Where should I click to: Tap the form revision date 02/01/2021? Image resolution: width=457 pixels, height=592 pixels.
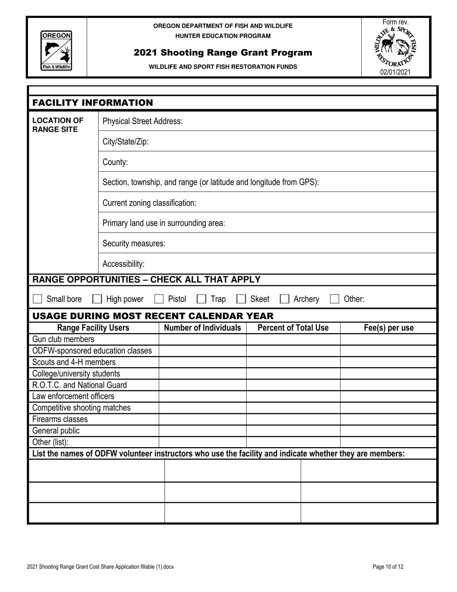pos(395,72)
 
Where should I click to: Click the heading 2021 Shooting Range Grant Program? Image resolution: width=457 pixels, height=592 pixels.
pos(223,52)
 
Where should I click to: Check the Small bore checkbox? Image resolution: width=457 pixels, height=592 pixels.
pos(38,299)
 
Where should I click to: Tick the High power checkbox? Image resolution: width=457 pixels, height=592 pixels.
pos(97,299)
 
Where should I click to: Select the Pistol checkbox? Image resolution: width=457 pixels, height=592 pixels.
pos(159,299)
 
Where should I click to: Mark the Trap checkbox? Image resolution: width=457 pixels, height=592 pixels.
pos(202,299)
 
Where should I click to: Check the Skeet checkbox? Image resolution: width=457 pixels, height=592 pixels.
pos(241,299)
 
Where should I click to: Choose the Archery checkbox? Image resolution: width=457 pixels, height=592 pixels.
pos(285,299)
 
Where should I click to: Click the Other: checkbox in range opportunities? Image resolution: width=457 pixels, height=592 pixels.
pos(335,299)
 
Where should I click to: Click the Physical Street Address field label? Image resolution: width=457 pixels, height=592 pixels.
pos(142,121)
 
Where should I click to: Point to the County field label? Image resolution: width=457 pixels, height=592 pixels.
pos(115,162)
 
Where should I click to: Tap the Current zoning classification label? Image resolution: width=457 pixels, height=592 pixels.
pos(150,203)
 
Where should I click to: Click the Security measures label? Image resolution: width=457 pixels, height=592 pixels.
pos(134,244)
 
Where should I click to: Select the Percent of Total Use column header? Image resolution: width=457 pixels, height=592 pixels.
pos(293,328)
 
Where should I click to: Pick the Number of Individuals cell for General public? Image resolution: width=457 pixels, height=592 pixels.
pos(203,430)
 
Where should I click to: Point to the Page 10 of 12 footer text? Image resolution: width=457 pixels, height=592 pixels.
pos(388,567)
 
